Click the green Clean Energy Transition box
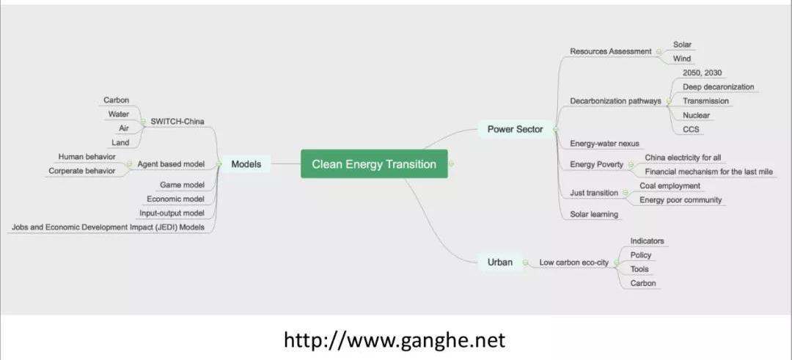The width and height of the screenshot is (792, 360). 374,164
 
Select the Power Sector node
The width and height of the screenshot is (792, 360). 515,130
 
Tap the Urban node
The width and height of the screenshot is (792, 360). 499,262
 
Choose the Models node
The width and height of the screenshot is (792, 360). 246,164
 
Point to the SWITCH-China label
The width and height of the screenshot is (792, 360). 177,121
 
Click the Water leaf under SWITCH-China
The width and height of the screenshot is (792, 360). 118,114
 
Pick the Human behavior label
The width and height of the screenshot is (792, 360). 87,157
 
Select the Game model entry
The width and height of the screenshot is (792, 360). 182,185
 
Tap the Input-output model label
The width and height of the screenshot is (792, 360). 172,213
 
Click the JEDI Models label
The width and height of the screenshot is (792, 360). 108,227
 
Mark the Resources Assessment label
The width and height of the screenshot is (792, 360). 610,51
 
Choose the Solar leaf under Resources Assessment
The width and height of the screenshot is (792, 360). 682,45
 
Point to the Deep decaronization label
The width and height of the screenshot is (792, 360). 718,87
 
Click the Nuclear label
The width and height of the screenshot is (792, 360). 696,115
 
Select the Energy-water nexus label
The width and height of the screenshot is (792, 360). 605,144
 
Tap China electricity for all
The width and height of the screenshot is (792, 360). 683,158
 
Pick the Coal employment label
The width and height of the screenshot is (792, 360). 670,186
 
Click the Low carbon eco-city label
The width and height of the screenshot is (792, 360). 573,262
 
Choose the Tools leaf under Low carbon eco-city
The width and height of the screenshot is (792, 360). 639,269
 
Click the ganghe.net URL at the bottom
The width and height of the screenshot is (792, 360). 395,340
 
